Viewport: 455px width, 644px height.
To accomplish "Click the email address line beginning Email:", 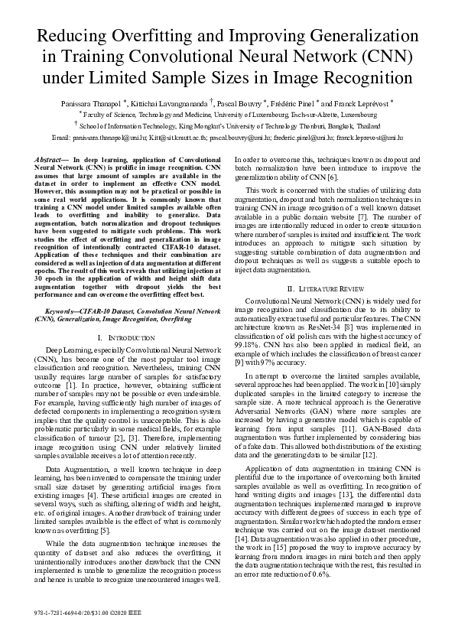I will (x=227, y=137).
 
